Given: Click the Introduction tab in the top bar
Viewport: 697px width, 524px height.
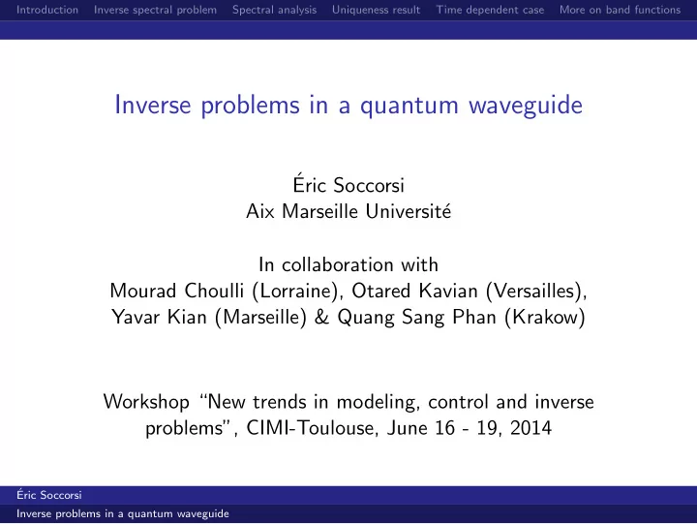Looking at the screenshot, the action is [47, 10].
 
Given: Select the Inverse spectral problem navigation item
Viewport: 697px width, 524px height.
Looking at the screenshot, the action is [155, 10].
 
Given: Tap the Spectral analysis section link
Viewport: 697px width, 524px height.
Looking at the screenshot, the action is [274, 10].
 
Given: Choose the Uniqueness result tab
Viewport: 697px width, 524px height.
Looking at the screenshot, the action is [376, 10].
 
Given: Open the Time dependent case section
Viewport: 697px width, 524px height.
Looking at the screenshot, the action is [490, 10].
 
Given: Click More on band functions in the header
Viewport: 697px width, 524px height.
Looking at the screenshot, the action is [620, 10].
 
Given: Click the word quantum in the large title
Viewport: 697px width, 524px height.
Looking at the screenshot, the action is [409, 107].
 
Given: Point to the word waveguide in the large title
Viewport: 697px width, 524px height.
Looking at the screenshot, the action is [526, 106].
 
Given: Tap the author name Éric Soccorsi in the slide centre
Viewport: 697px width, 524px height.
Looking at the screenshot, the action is [348, 184].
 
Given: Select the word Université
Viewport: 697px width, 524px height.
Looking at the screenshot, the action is [409, 211].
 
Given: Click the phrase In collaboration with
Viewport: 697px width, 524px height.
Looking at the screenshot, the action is [348, 264].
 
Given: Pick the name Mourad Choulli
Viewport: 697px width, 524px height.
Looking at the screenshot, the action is [176, 291].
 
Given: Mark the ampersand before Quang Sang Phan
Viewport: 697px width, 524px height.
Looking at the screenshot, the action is [321, 317].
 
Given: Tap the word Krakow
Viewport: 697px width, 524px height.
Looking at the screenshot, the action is [545, 317].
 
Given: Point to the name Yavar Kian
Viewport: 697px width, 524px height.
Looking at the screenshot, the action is [159, 317].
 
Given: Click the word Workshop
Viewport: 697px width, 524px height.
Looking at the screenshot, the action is [146, 402].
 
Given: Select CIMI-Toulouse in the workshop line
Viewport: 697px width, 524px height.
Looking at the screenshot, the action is [310, 428].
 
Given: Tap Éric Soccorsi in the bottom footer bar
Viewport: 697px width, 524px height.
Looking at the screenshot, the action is [49, 495].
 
